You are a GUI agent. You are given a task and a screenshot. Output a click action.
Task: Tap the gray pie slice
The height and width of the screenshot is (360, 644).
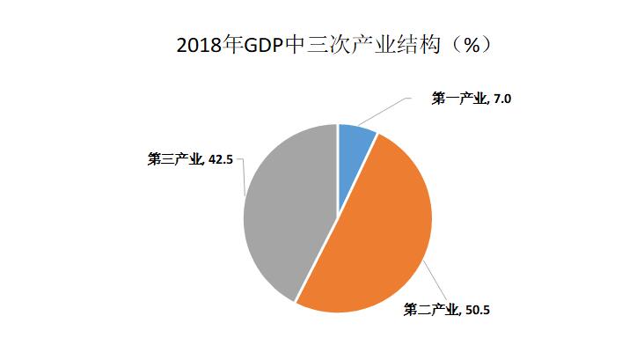(x=286, y=211)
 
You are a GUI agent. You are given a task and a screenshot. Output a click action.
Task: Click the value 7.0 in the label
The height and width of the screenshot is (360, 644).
(x=501, y=99)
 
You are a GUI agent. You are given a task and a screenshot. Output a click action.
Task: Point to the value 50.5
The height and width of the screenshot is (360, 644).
(x=476, y=309)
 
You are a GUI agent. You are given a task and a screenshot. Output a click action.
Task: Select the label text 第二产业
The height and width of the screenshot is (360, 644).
(x=430, y=309)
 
